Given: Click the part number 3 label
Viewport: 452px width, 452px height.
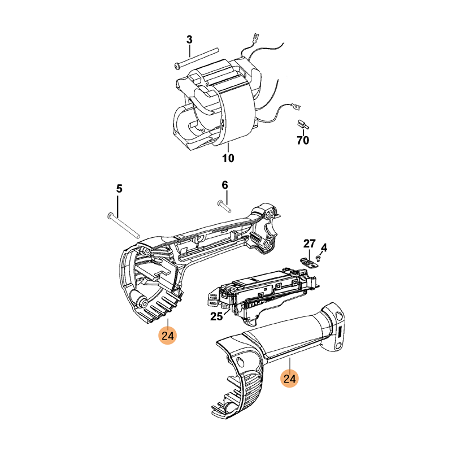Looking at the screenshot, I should click(x=189, y=40).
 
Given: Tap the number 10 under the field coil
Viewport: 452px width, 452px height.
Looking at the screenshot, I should click(x=228, y=159).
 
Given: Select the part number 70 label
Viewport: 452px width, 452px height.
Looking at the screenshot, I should click(x=303, y=141).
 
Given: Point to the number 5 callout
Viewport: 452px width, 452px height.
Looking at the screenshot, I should click(x=119, y=188).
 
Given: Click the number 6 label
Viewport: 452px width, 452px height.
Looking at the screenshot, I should click(x=225, y=185).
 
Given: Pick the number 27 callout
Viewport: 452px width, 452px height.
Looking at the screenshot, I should click(x=308, y=244).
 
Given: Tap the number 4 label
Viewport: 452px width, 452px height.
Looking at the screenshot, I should click(x=324, y=247).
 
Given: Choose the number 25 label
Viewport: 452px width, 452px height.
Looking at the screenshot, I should click(x=216, y=317).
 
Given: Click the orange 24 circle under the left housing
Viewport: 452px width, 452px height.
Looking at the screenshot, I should click(x=168, y=336).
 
